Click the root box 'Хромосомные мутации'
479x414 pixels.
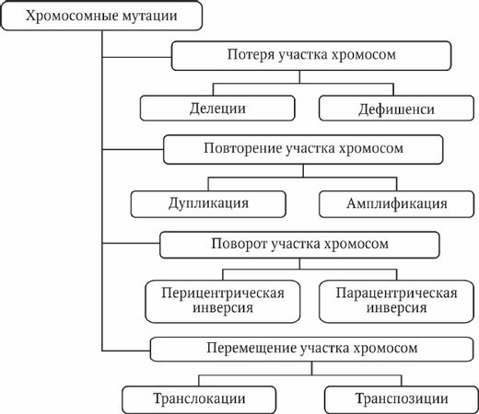coord(101,17)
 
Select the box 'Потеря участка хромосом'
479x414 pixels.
coord(310,55)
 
